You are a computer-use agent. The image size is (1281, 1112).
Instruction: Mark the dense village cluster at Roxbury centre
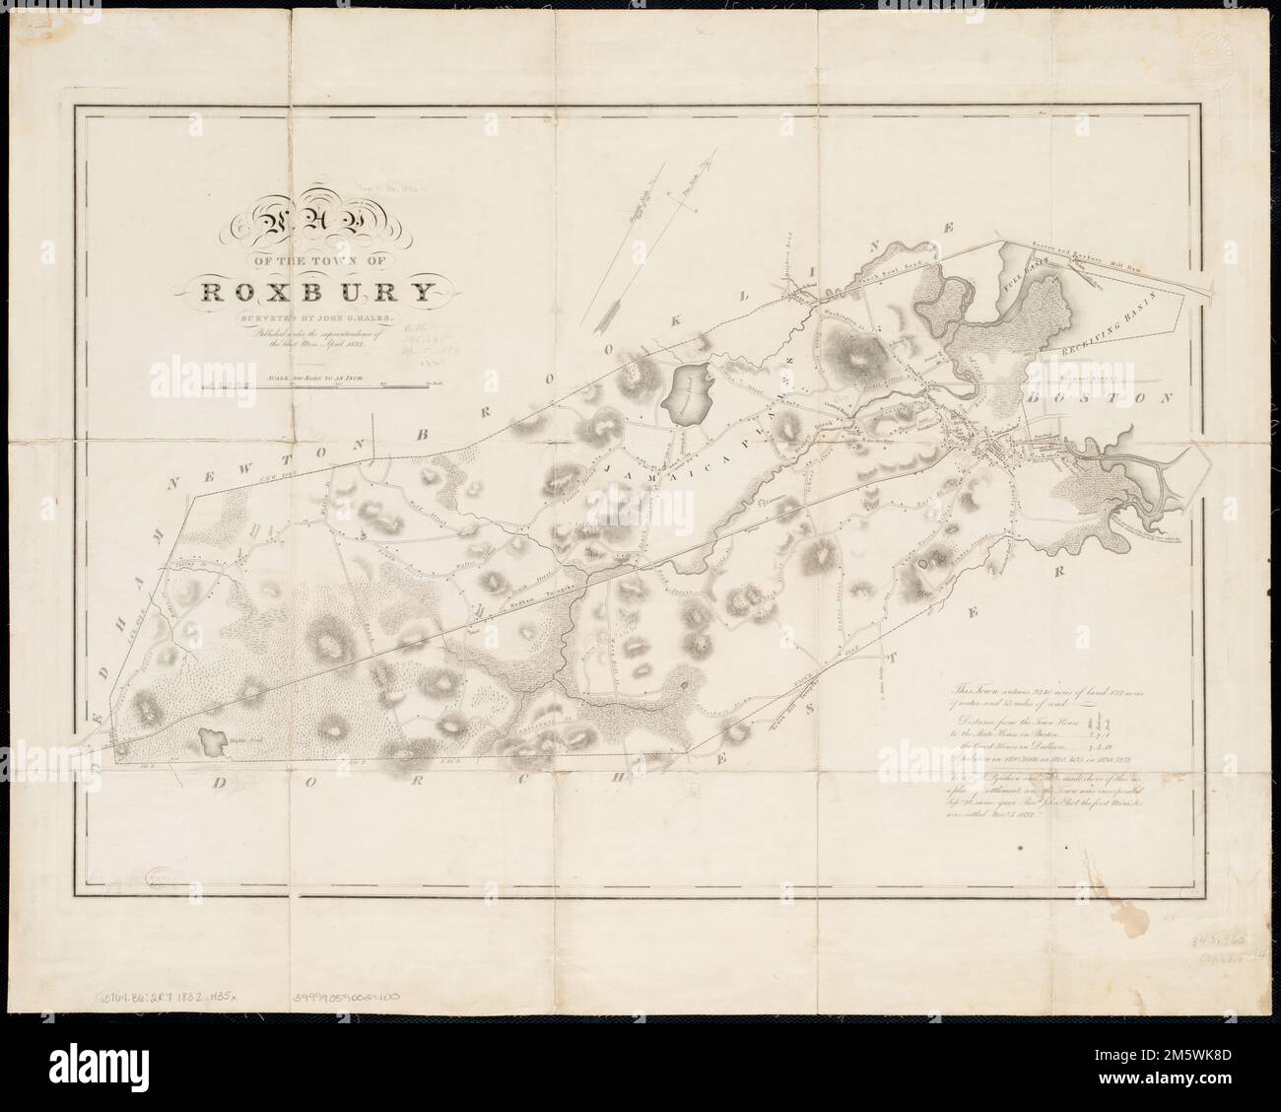(x=995, y=450)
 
